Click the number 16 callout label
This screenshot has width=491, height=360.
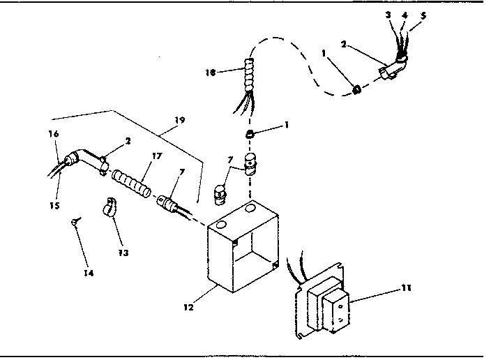tap(54, 133)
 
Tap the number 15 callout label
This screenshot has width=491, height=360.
tap(53, 205)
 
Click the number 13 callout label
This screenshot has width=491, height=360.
tap(123, 252)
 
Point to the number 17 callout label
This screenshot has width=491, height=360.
tap(157, 156)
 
